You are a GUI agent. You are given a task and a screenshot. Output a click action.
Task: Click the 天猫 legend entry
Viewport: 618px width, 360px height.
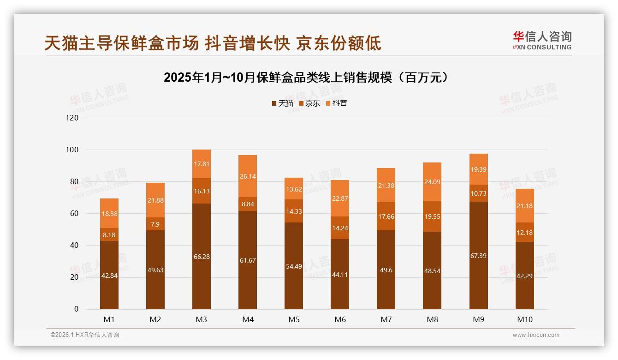[282, 103]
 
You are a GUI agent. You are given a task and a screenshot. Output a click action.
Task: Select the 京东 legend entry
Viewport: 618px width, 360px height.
[309, 103]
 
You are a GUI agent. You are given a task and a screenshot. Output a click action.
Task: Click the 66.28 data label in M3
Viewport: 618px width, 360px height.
[202, 257]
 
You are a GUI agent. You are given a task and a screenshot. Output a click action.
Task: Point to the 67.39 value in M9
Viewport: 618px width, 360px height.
[478, 256]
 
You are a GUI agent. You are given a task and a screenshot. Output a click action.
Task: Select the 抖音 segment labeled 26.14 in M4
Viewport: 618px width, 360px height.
[248, 176]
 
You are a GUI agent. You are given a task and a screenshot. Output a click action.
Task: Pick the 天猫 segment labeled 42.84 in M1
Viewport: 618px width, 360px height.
[109, 276]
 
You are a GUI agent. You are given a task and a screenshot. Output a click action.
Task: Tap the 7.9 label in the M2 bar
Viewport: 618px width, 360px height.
[155, 224]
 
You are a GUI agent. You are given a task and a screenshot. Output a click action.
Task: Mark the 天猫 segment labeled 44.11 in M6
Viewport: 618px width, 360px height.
[340, 274]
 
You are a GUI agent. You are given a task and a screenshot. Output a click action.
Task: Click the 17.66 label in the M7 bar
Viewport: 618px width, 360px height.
[386, 216]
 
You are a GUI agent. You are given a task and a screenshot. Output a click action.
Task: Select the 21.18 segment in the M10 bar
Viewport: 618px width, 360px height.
[524, 206]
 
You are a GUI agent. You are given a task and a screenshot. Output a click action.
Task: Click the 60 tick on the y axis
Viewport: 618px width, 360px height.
[74, 214]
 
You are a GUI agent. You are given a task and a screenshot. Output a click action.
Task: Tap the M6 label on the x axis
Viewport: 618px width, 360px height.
[340, 319]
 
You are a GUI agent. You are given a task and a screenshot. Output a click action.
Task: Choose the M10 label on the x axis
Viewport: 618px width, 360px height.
[524, 319]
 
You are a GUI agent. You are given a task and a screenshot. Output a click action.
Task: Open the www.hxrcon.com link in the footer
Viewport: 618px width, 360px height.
[536, 335]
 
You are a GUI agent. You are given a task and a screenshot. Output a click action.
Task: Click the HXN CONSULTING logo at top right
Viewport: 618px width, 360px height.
[542, 40]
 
